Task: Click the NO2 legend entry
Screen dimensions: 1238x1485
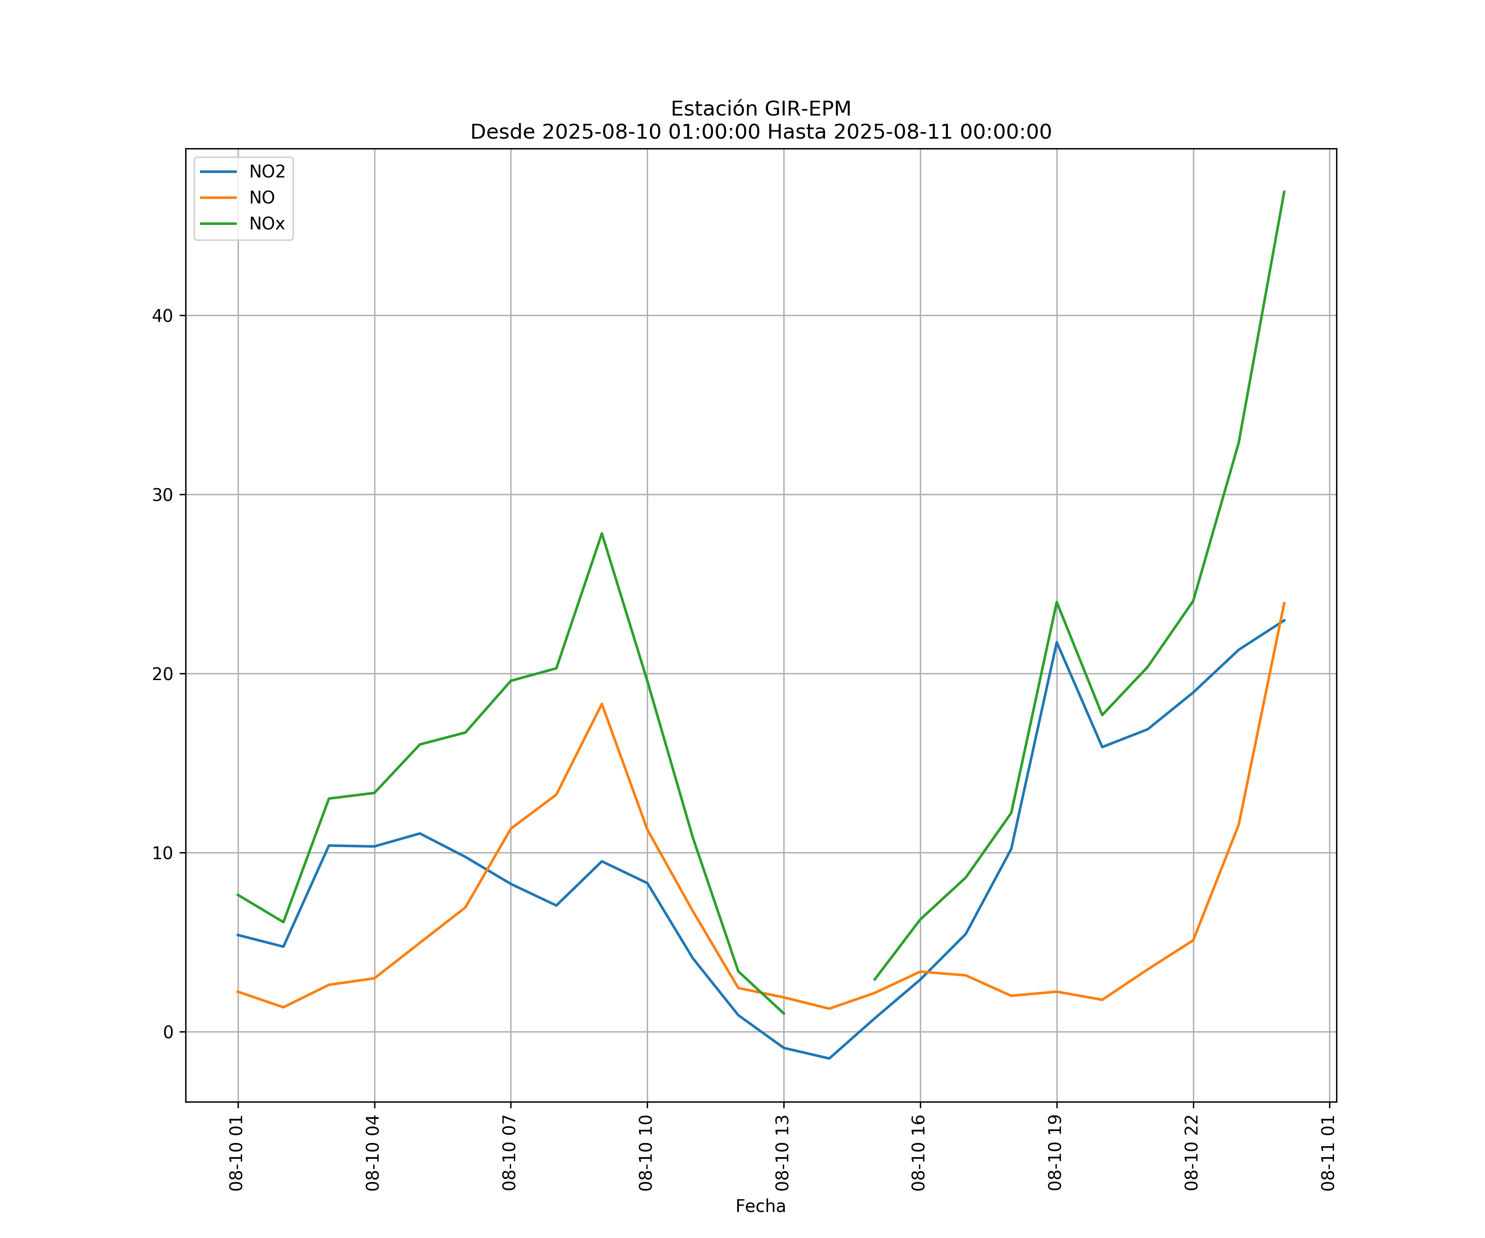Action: pos(266,172)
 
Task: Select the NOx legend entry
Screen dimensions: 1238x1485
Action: pos(266,224)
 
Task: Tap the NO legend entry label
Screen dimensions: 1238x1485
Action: pos(262,198)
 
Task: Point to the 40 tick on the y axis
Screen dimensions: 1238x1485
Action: pos(163,316)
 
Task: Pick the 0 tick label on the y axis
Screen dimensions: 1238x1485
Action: pos(168,1032)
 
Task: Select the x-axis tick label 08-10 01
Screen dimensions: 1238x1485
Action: pos(236,1153)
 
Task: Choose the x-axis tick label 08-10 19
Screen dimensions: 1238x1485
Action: pos(1055,1153)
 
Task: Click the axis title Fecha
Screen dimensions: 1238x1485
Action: pos(760,1206)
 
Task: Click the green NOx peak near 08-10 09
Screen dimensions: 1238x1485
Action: pos(602,534)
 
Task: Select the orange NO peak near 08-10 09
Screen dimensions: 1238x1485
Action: pos(602,704)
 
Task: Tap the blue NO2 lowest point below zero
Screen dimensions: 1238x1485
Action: pos(829,1058)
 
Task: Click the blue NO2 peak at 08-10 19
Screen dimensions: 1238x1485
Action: pos(1056,643)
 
